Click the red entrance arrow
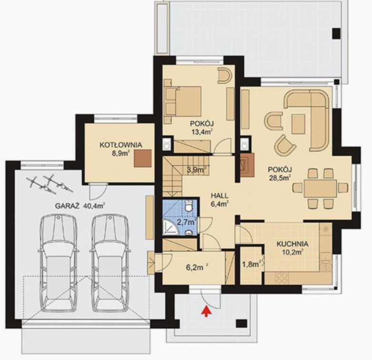tap(206, 311)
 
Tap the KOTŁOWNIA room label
tap(121, 145)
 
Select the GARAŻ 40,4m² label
tap(81, 206)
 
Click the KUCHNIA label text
tap(293, 244)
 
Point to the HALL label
tap(220, 196)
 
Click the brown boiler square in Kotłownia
tap(143, 158)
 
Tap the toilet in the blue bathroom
tap(189, 205)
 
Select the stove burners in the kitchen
tap(282, 278)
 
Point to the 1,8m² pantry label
tap(251, 264)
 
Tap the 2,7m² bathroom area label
tap(186, 222)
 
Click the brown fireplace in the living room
tap(247, 165)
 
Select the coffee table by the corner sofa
tap(298, 124)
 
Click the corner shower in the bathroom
tap(170, 227)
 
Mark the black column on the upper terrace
tap(336, 33)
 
